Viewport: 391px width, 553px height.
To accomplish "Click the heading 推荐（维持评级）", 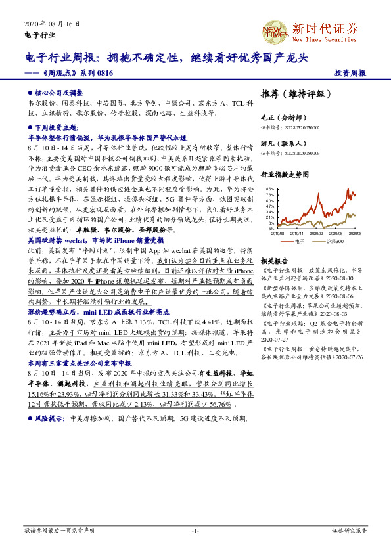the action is [x=292, y=93].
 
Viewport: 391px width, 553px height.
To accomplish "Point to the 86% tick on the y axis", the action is [x=270, y=190].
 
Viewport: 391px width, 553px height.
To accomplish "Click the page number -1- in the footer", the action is [x=195, y=529].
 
